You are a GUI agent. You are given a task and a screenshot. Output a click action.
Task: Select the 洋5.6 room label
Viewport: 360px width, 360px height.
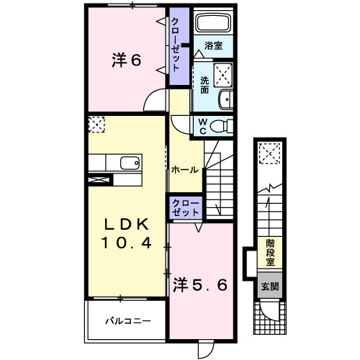(x=201, y=284)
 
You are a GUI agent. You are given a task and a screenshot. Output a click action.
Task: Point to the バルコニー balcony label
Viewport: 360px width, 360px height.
(x=127, y=320)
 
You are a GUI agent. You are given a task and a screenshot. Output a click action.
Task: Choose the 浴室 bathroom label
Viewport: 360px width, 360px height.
(x=212, y=45)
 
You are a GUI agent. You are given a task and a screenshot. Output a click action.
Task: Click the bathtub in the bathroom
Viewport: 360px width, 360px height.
(x=212, y=24)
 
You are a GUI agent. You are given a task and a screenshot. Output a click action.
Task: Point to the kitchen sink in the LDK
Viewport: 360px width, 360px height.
(x=130, y=163)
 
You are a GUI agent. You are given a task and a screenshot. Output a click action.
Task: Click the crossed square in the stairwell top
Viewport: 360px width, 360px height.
(x=271, y=153)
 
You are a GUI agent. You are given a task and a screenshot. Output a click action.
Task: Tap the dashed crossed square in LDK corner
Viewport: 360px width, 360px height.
(x=96, y=125)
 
